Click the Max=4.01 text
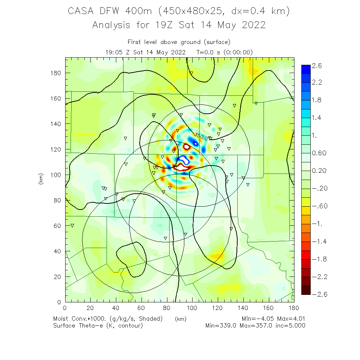291,319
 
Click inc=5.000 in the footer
290,326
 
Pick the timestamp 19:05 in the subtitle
113,52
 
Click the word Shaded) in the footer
151,319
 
